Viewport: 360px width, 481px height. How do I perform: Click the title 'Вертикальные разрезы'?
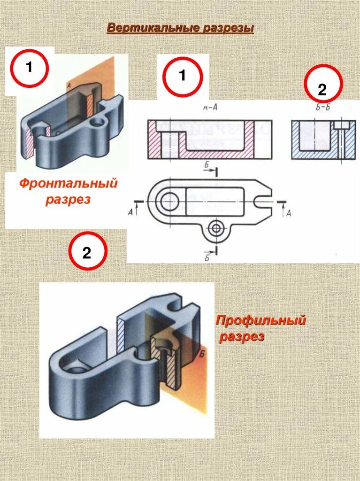(180, 28)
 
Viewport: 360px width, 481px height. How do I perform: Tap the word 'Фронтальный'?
(68, 183)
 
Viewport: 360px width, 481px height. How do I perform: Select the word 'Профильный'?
(260, 321)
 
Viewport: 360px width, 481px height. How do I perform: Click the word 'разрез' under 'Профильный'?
(242, 337)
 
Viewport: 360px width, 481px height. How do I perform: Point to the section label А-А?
(209, 108)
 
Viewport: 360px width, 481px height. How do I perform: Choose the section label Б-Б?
(323, 108)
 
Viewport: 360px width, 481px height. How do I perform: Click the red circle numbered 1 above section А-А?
(183, 76)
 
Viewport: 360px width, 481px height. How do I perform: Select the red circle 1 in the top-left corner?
(29, 68)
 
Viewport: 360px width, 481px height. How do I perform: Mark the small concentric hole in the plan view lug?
(216, 228)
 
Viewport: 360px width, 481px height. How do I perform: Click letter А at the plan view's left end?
(130, 212)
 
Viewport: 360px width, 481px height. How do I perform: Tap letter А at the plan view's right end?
(288, 213)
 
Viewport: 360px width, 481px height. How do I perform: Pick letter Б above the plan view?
(207, 165)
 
